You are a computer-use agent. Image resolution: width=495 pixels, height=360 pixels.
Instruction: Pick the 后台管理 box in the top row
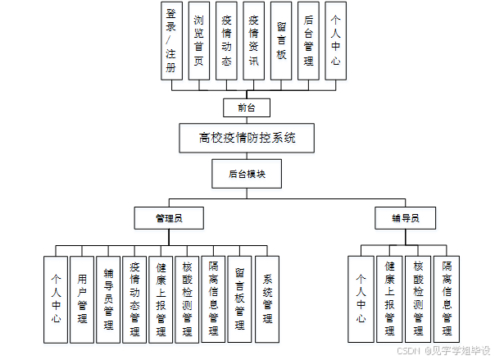pyautogui.click(x=307, y=40)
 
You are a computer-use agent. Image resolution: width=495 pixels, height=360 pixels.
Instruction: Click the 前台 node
pyautogui.click(x=246, y=107)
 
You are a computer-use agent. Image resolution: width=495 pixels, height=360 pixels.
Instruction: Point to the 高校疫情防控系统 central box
pyautogui.click(x=246, y=138)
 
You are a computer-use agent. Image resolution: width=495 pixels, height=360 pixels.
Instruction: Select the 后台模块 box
pyautogui.click(x=246, y=174)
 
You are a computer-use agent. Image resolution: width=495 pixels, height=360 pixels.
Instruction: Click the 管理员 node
pyautogui.click(x=169, y=218)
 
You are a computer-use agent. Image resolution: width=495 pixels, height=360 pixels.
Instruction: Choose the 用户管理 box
pyautogui.click(x=82, y=298)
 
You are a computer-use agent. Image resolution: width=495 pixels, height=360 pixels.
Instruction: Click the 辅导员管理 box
pyautogui.click(x=109, y=298)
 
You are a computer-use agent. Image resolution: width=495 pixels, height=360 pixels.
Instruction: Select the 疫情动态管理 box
pyautogui.click(x=135, y=298)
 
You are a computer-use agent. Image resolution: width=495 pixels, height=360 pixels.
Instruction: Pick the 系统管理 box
pyautogui.click(x=268, y=298)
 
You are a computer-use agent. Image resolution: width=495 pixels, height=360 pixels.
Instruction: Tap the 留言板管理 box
pyautogui.click(x=241, y=298)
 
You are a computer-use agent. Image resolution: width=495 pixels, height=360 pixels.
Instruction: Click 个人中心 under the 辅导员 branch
pyautogui.click(x=361, y=298)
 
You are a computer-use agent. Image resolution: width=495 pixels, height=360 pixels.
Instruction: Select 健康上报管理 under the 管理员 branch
pyautogui.click(x=162, y=298)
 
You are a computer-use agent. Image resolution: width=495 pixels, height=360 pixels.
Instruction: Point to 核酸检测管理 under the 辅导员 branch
pyautogui.click(x=418, y=298)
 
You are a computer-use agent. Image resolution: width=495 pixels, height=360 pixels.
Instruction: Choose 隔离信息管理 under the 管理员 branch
pyautogui.click(x=215, y=298)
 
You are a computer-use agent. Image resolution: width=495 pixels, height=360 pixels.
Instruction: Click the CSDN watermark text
pyautogui.click(x=408, y=349)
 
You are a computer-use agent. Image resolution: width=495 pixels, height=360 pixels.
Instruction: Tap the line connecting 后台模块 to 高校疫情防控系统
pyautogui.click(x=246, y=156)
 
